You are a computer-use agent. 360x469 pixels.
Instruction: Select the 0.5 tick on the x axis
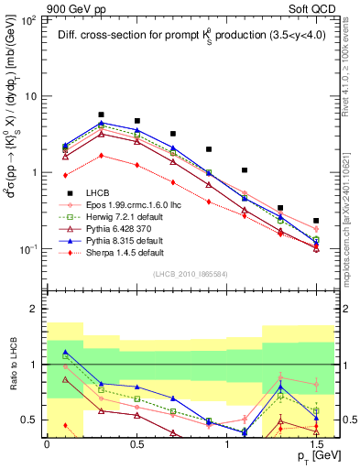[136, 442]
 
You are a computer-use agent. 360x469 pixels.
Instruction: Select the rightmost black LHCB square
[316, 221]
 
